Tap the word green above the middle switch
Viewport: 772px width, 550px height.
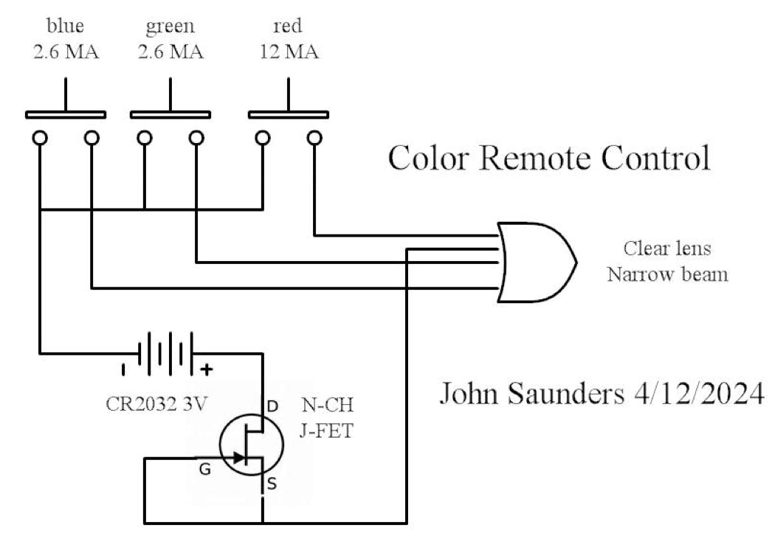(x=170, y=27)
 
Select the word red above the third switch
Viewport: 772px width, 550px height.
(x=287, y=27)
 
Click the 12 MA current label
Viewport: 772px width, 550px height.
(x=289, y=53)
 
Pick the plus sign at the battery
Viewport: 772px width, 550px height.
(x=207, y=369)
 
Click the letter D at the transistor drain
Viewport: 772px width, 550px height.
(x=272, y=405)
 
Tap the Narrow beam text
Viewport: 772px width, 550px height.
(x=667, y=275)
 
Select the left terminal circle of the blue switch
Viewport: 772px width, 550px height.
(x=40, y=137)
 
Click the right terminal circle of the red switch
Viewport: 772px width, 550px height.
(x=315, y=137)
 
